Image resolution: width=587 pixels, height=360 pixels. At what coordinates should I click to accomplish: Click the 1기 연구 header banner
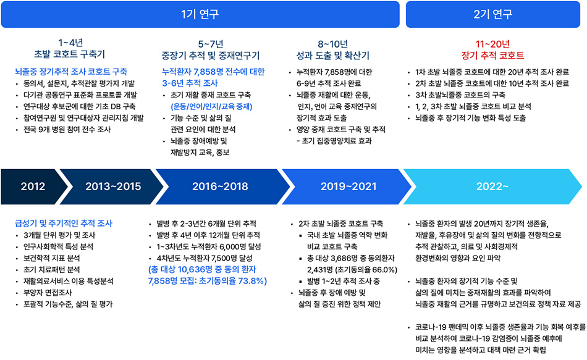pos(200,14)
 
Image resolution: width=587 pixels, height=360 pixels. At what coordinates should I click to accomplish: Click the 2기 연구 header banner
pos(492,14)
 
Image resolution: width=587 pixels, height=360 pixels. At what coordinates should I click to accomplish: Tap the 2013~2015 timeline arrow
pos(112,186)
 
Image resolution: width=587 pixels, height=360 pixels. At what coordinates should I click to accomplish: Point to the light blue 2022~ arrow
pos(492,186)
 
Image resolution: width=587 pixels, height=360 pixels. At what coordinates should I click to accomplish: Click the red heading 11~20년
pos(492,44)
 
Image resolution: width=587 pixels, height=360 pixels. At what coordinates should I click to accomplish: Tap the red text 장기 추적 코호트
pos(492,56)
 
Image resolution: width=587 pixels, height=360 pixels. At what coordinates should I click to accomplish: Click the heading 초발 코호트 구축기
pos(70,54)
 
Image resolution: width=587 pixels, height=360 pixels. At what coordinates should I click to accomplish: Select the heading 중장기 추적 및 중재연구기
pos(210,56)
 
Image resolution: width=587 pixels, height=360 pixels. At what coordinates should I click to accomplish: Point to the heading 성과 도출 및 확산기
pos(333,56)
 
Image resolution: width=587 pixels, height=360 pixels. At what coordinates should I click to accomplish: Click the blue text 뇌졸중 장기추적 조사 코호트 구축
pos(71,72)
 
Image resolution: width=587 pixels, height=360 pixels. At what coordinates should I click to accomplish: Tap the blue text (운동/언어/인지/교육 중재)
pos(211,107)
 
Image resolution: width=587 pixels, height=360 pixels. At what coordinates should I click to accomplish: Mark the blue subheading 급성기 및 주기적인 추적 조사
pos(64,224)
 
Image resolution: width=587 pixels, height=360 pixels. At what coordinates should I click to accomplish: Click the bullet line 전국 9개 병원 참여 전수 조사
pos(67,130)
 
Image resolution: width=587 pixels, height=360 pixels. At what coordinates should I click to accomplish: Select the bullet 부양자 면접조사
pos(48,293)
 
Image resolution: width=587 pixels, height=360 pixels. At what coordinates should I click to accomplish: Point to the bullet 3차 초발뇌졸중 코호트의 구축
pos(460,95)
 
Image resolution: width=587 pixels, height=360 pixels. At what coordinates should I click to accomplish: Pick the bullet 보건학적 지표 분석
pos(52,258)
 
